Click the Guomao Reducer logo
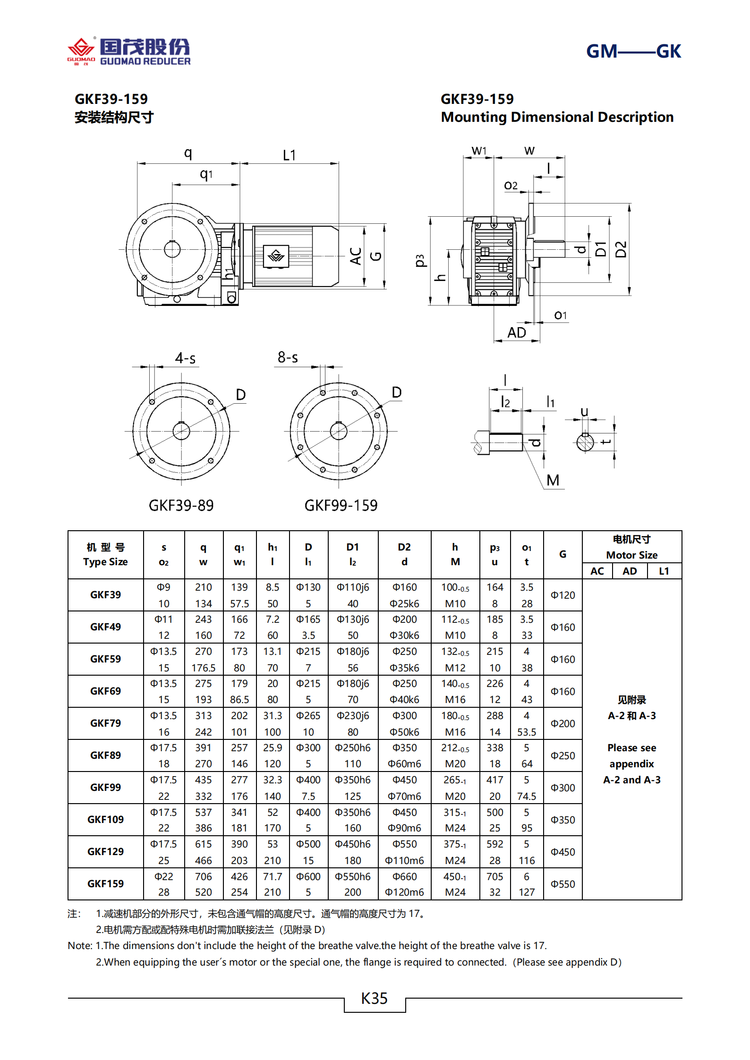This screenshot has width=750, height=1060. [128, 51]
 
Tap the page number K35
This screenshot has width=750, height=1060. [374, 999]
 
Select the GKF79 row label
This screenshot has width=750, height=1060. [105, 723]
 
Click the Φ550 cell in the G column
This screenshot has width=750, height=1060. [562, 884]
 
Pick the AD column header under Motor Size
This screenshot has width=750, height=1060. [629, 571]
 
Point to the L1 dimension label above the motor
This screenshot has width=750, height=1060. [289, 155]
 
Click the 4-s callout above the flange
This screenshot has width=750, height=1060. [185, 358]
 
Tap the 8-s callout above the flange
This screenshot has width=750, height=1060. [288, 357]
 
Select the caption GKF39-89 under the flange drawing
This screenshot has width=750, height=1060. [181, 505]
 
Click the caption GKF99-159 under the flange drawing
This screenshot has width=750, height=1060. [341, 505]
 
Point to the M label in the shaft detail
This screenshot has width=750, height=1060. [553, 480]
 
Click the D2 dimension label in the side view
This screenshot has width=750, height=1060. [621, 249]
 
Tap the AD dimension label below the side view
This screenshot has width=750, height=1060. [516, 332]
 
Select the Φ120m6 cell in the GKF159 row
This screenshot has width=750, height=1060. [404, 892]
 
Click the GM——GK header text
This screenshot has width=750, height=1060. [633, 51]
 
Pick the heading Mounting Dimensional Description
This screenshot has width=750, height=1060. [557, 117]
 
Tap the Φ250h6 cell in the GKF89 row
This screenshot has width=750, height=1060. [352, 747]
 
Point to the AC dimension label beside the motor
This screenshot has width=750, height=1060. [356, 256]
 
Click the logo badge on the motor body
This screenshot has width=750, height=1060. [276, 256]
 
